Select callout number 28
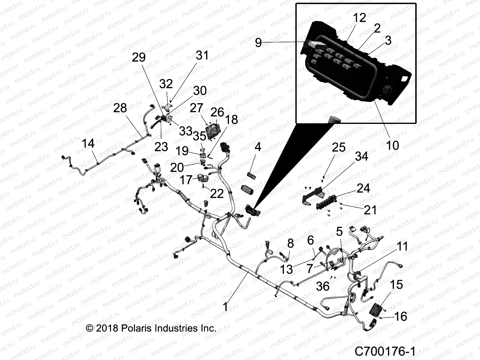click(120, 108)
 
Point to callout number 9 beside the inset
click(258, 43)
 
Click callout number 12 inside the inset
click(359, 18)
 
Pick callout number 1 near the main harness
click(226, 307)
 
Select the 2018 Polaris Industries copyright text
click(151, 328)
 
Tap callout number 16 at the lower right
click(400, 316)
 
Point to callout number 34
click(361, 156)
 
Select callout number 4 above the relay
click(258, 147)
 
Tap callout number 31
click(202, 55)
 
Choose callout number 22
click(217, 193)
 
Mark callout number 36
click(323, 286)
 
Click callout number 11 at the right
click(402, 247)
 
